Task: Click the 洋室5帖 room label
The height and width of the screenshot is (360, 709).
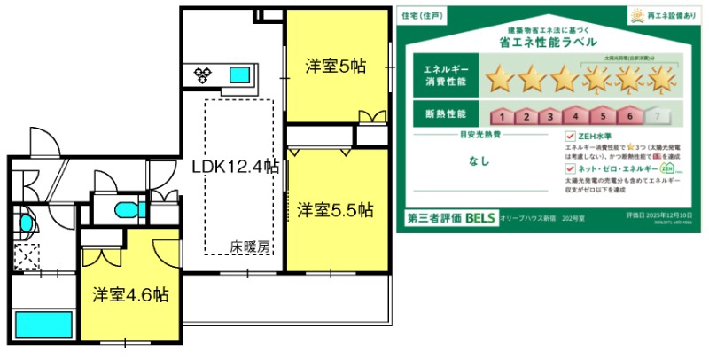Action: (336, 66)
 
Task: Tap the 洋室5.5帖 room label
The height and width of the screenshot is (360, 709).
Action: (335, 210)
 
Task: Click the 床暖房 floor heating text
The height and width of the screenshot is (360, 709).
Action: (250, 247)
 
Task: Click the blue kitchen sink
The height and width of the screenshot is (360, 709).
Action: (239, 74)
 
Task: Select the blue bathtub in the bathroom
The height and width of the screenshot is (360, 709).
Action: (43, 325)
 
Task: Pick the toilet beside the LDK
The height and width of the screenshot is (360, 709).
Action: (125, 209)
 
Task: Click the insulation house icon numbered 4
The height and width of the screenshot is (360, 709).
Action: (576, 115)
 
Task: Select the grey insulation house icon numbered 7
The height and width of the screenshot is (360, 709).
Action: (655, 115)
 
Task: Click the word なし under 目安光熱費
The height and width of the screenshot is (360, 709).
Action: (479, 162)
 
